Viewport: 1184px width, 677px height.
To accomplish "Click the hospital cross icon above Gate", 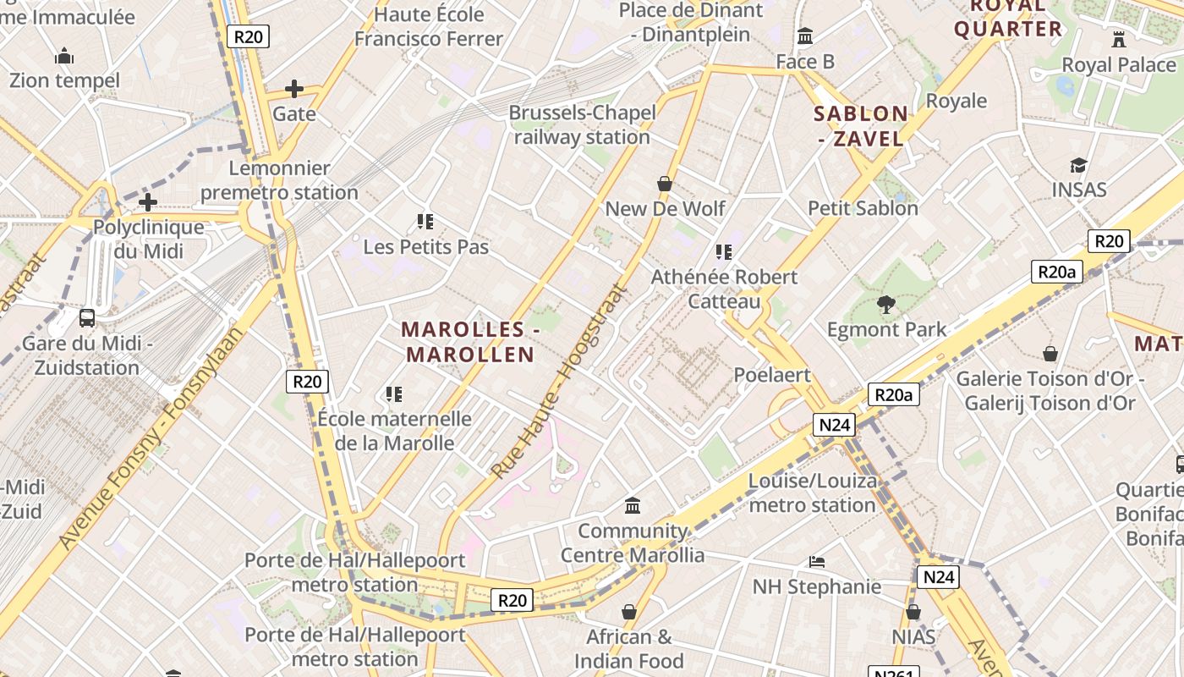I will click(x=294, y=89).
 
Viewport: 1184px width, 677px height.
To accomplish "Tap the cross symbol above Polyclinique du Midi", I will click(x=148, y=202).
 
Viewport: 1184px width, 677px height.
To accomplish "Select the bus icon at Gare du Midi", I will click(x=87, y=318).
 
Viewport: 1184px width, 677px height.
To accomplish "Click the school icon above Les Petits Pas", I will click(x=425, y=222).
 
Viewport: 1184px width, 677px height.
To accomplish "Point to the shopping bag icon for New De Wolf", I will click(x=665, y=184).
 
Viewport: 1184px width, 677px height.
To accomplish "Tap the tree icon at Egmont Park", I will click(x=886, y=305).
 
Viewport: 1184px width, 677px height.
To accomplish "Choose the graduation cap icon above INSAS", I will click(x=1078, y=165).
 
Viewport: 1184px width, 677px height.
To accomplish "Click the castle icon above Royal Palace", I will click(x=1119, y=39).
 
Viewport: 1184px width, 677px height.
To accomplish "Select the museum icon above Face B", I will click(x=805, y=36).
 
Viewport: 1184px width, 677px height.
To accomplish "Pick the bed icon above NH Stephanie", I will click(x=817, y=562).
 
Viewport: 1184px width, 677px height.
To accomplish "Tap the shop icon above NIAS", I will click(x=913, y=612).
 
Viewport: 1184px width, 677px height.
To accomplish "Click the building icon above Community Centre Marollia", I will click(x=633, y=506).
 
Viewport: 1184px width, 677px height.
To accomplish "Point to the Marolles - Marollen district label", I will click(x=469, y=342).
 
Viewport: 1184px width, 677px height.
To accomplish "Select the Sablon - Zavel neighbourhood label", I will click(x=861, y=126).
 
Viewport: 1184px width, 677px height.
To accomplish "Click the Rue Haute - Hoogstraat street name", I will click(x=561, y=382).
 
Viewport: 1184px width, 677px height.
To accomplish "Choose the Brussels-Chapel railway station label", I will click(x=582, y=124).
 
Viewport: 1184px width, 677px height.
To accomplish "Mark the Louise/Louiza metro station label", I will click(x=812, y=493).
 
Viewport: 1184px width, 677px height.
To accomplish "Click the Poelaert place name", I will click(x=772, y=375).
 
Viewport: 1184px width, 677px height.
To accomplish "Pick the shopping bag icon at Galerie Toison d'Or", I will click(x=1050, y=354).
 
